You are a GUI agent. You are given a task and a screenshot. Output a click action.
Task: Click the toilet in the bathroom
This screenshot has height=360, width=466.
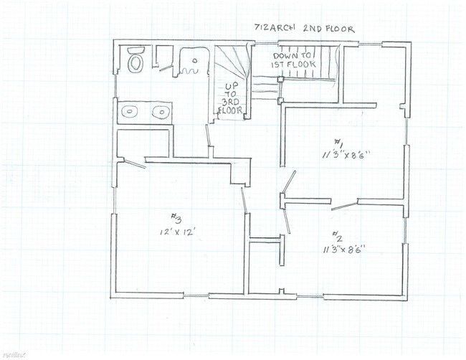(x=135, y=62)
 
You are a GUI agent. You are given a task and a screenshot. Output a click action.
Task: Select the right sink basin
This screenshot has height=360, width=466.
(x=161, y=111)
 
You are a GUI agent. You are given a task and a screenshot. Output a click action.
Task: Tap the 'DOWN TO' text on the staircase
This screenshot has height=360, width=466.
(x=292, y=55)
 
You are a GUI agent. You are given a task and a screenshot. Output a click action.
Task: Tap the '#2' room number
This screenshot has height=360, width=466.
(x=337, y=236)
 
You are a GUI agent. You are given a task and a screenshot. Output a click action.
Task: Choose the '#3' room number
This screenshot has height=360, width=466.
(x=176, y=217)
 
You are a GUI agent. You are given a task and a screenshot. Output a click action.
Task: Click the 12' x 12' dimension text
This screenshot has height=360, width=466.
(x=178, y=232)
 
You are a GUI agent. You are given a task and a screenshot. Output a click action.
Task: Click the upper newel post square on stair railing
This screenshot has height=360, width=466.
(x=281, y=79)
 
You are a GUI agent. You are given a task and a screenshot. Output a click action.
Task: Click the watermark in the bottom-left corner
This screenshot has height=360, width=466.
(x=12, y=353)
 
